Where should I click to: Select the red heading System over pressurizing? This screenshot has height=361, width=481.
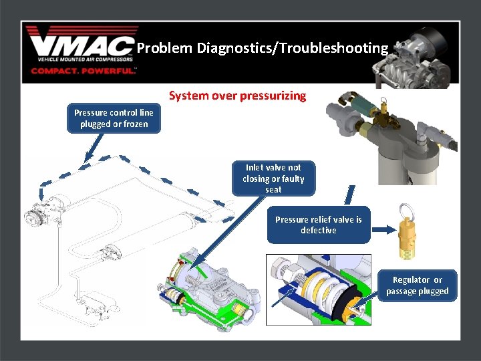tap(237, 96)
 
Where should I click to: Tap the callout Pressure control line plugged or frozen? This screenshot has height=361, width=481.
tap(114, 118)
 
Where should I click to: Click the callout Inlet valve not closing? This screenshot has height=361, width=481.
tap(273, 178)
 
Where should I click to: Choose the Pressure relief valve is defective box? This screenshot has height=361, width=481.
tap(318, 225)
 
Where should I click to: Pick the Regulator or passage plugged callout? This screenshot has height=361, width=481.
tap(417, 285)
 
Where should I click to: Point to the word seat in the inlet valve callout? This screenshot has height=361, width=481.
tap(273, 190)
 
